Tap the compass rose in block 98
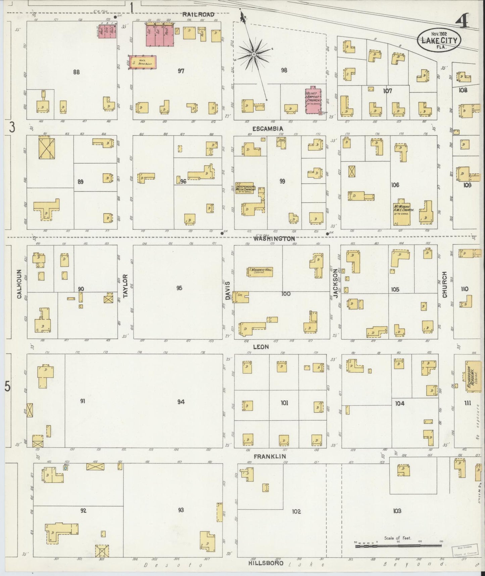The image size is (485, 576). (254, 54)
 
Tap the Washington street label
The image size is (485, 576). (274, 239)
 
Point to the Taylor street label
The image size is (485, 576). (126, 286)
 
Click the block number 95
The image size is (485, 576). (179, 288)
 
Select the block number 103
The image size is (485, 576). (397, 511)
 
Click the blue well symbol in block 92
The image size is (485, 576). (65, 468)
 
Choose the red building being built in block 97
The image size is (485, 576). (143, 63)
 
